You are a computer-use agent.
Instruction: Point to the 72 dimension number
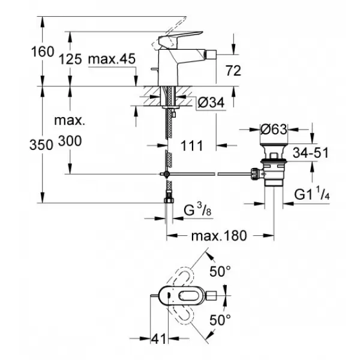pos(233,71)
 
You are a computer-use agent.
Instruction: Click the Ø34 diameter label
pos(211,103)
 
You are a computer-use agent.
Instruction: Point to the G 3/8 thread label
pos(197,211)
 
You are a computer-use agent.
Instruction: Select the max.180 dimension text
pos(219,236)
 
